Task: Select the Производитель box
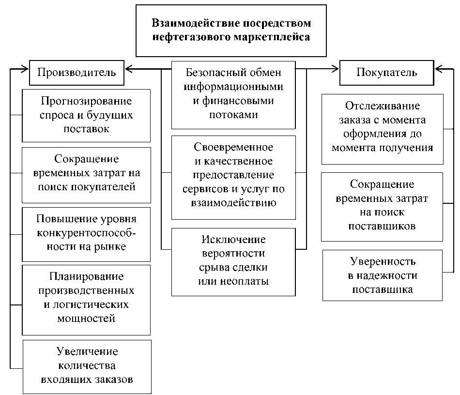point(77,73)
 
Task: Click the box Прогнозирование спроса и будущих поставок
point(86,115)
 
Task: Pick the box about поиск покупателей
point(86,173)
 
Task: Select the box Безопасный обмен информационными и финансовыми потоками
point(233,94)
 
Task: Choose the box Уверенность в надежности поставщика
point(382,275)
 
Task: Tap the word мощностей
point(86,319)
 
